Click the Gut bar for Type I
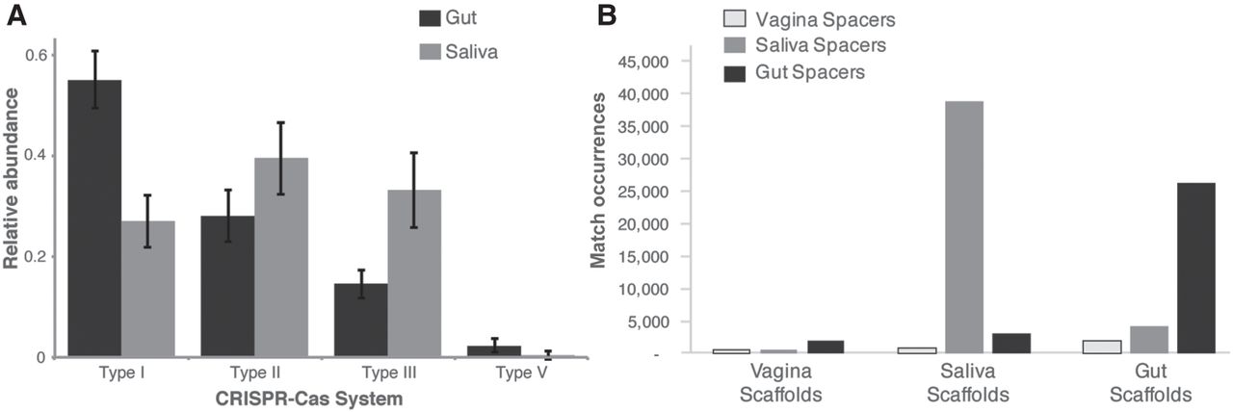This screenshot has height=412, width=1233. pos(94,219)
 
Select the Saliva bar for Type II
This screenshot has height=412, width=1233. pos(281,257)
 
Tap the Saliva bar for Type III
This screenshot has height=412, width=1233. pos(414,272)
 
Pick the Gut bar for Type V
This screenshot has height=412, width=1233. pos(494,351)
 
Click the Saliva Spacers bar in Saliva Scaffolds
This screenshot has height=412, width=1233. pos(964,226)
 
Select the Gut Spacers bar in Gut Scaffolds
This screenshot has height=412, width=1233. pos(1196,268)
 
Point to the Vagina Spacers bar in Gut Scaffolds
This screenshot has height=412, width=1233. pos(1102,347)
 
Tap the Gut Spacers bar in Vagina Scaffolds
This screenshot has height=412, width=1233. pos(826,347)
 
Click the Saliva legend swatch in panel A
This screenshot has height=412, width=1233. pos(430,52)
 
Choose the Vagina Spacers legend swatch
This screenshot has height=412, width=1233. pos(734,19)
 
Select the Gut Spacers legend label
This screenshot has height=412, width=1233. pos(810,72)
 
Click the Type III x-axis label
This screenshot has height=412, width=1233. pos(389,373)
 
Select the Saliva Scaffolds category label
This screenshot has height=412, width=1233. pos(968,383)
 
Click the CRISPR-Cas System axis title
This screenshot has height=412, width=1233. pos(309,399)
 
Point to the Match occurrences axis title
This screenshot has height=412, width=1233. pos(598,180)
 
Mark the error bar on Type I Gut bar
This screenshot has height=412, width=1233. pos(95,79)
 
